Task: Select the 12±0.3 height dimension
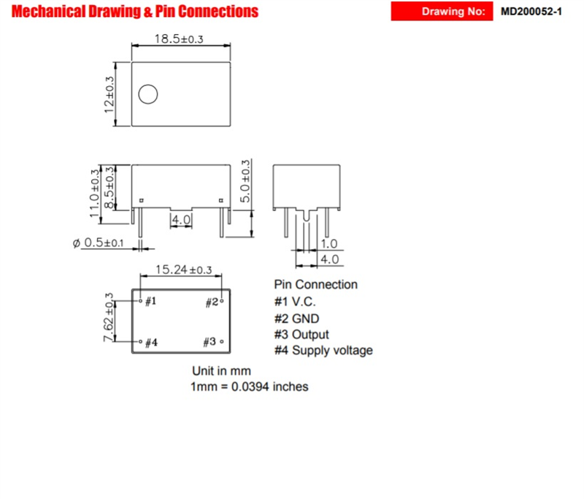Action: pyautogui.click(x=110, y=94)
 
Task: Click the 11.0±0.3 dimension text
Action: pyautogui.click(x=96, y=193)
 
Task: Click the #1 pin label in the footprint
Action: pyautogui.click(x=150, y=301)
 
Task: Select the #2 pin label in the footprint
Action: pyautogui.click(x=211, y=301)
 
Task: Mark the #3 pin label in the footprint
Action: pyautogui.click(x=210, y=342)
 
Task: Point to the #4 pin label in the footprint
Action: pyautogui.click(x=151, y=343)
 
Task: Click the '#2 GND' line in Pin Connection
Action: pyautogui.click(x=296, y=319)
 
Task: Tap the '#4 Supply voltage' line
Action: pyautogui.click(x=323, y=351)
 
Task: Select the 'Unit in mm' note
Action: pyautogui.click(x=221, y=371)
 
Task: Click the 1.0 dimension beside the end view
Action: pyautogui.click(x=330, y=245)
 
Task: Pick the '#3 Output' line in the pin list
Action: pyautogui.click(x=301, y=335)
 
